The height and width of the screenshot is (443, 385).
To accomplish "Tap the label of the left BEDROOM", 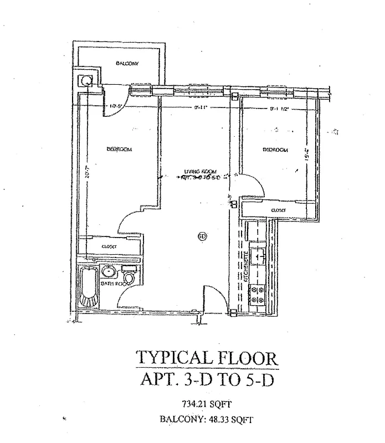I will click(119, 149).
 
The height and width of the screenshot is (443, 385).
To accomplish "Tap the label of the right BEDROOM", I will click(275, 150).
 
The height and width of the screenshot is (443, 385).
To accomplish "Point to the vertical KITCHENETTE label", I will click(246, 271).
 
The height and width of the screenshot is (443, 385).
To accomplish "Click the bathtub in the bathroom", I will click(88, 287).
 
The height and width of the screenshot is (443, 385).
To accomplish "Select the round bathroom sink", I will click(109, 271).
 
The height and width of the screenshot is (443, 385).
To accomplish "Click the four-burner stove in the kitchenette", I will click(258, 294).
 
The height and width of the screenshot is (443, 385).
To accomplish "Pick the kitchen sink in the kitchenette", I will click(258, 256).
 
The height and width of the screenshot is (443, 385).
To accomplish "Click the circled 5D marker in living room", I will click(202, 236).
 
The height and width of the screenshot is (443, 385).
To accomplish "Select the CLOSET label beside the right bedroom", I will click(278, 210).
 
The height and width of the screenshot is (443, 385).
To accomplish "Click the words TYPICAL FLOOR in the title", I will click(207, 357).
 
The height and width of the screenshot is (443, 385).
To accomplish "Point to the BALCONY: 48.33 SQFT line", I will click(207, 419).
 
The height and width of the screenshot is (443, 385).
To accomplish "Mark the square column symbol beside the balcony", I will click(86, 80).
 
